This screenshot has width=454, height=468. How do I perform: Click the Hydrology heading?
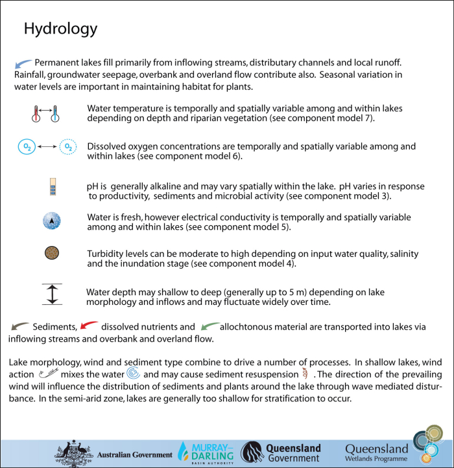[60, 29]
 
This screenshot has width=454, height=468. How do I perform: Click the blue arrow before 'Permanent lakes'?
[23, 63]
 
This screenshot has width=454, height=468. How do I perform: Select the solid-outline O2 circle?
[27, 148]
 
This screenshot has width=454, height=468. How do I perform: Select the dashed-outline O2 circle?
[67, 148]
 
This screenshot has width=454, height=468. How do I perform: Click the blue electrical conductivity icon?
[52, 221]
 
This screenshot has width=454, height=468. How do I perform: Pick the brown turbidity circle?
[52, 254]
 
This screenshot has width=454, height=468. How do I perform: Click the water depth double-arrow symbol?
[52, 293]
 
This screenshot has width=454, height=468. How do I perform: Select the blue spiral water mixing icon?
[133, 374]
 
